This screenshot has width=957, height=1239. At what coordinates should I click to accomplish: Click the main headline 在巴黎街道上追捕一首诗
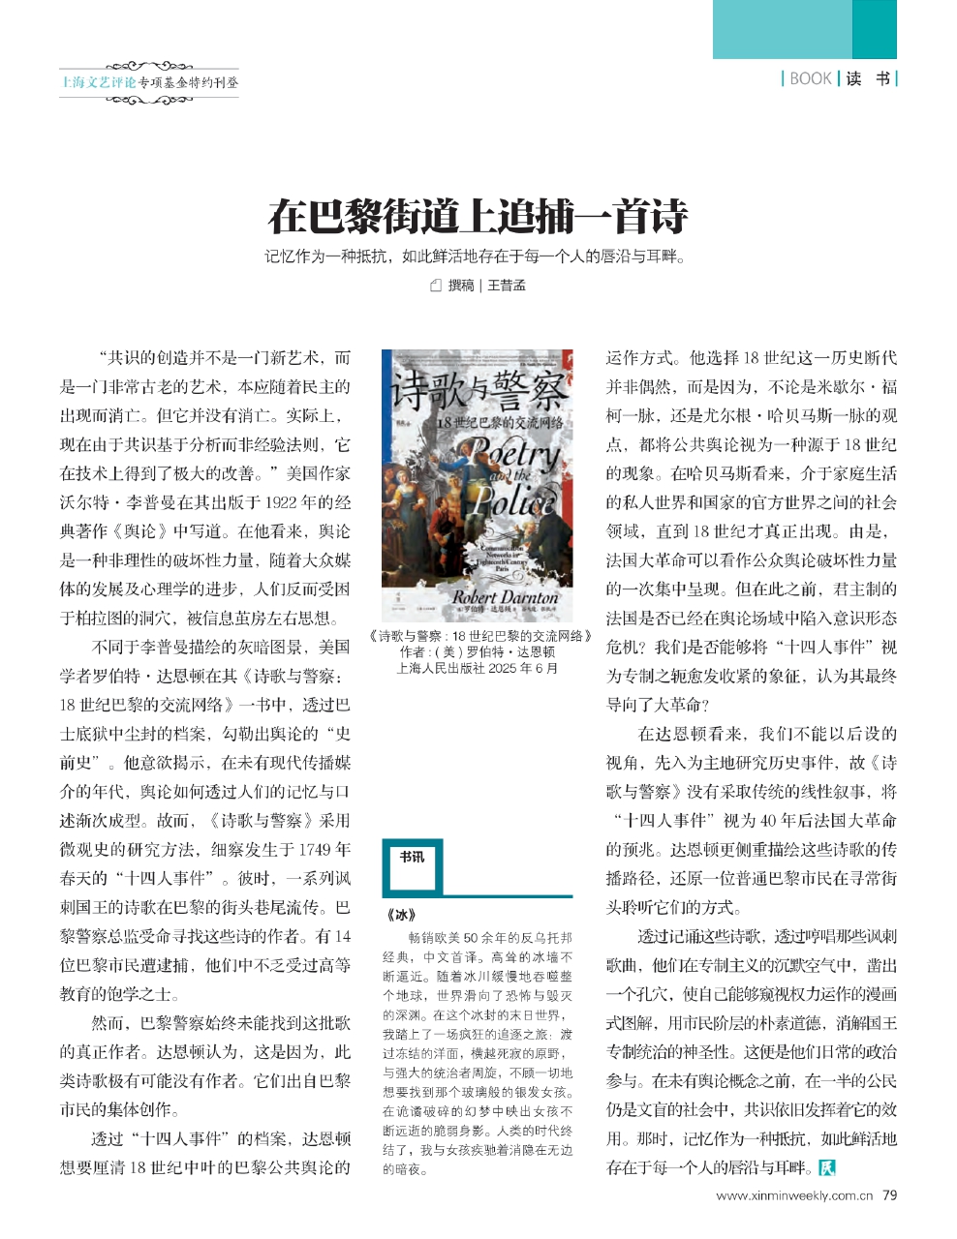point(478,216)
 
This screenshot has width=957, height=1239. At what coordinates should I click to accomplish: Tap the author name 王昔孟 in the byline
point(506,286)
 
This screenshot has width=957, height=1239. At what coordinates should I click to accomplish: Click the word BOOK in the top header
point(811,78)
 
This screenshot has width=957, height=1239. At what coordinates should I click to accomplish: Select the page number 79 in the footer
point(889,1195)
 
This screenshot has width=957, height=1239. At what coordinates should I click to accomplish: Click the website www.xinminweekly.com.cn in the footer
point(787,1196)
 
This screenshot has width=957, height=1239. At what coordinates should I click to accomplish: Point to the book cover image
point(478,485)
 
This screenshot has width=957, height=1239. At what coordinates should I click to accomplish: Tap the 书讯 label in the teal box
point(412,857)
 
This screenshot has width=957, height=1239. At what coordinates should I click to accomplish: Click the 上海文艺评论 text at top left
point(98,82)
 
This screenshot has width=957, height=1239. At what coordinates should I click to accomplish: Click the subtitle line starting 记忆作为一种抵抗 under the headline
point(478,257)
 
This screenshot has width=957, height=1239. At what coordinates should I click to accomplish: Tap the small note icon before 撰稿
point(435,286)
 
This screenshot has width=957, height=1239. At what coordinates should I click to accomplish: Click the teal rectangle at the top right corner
point(804,29)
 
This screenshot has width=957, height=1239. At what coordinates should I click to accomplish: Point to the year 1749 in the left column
point(331,850)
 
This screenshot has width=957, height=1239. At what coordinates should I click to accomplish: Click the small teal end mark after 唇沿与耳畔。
point(826,1167)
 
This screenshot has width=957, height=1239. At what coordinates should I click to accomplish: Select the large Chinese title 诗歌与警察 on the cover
point(478,394)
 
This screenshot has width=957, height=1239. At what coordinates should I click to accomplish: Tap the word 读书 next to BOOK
point(868,78)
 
